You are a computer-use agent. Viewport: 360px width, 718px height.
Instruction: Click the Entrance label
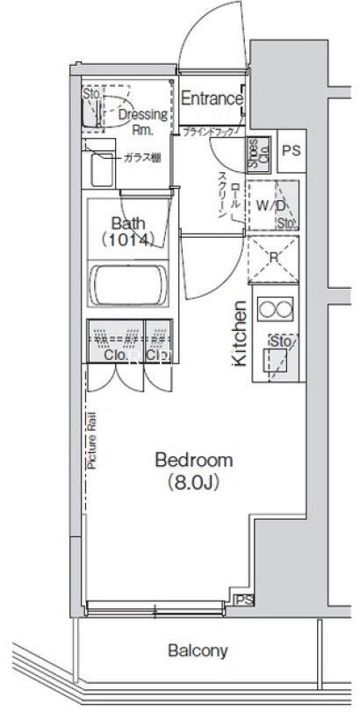click(211, 99)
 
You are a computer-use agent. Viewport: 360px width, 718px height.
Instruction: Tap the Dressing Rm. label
click(136, 120)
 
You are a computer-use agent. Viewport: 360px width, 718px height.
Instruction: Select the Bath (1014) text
click(127, 231)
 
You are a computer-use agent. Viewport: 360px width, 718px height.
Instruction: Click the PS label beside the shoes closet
click(292, 151)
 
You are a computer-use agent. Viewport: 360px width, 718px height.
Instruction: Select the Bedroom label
click(193, 460)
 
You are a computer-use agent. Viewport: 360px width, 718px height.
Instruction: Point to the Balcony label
click(198, 651)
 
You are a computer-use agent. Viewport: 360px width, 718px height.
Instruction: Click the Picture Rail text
click(91, 442)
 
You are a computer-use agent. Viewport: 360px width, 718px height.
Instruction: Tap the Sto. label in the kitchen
click(282, 341)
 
